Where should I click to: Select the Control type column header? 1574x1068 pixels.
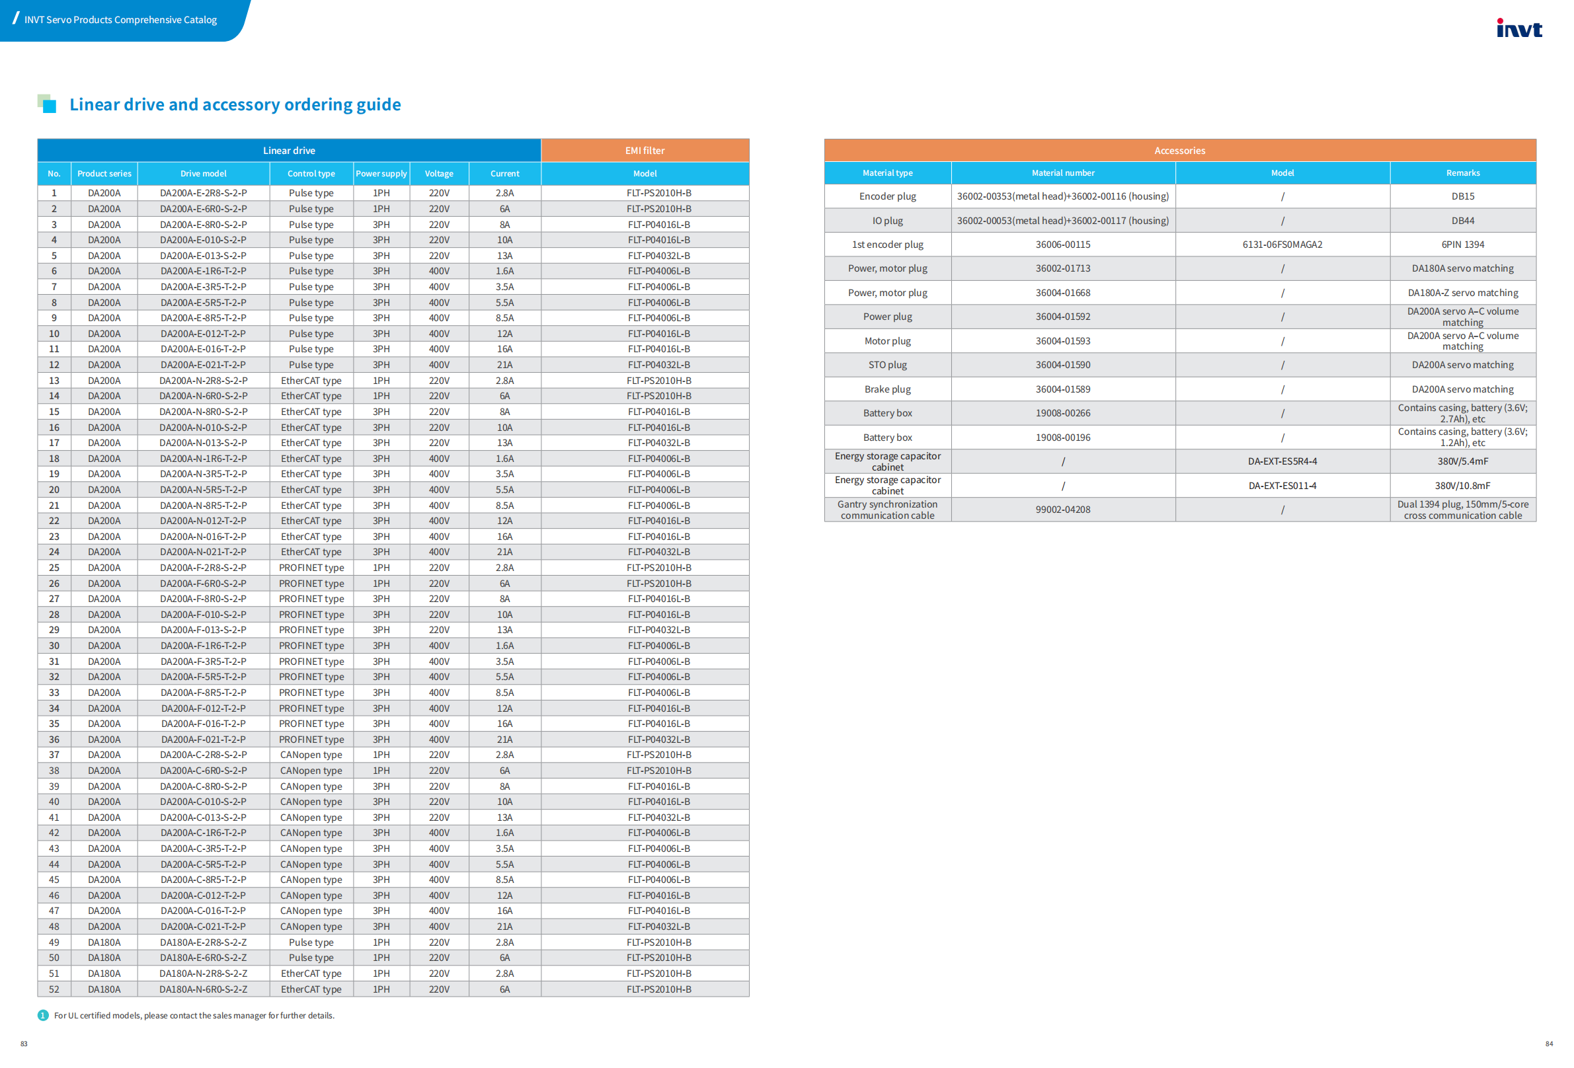[x=311, y=173]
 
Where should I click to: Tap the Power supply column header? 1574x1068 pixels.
[x=381, y=173]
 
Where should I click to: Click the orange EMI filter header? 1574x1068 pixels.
[x=644, y=150]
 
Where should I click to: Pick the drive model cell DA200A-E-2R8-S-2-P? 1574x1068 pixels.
[x=203, y=193]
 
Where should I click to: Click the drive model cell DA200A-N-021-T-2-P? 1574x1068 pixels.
[x=203, y=552]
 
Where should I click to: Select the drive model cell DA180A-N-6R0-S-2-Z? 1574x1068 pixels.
[x=203, y=989]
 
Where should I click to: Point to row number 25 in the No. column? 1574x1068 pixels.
[x=54, y=568]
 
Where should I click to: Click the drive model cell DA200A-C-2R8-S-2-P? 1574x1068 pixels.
[x=203, y=755]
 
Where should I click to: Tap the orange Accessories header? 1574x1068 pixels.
[x=1179, y=150]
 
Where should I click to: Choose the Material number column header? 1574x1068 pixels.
[x=1062, y=172]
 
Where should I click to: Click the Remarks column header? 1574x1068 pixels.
[x=1462, y=172]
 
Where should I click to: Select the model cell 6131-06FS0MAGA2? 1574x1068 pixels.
[x=1282, y=245]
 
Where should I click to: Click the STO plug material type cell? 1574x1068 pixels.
[x=887, y=365]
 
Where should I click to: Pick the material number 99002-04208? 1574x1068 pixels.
[x=1062, y=510]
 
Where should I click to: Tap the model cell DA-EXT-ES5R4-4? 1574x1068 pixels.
[x=1282, y=461]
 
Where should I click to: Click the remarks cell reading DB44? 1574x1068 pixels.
[x=1462, y=221]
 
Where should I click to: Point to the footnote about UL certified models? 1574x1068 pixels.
[x=194, y=1015]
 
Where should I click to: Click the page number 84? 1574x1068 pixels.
[x=1549, y=1044]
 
